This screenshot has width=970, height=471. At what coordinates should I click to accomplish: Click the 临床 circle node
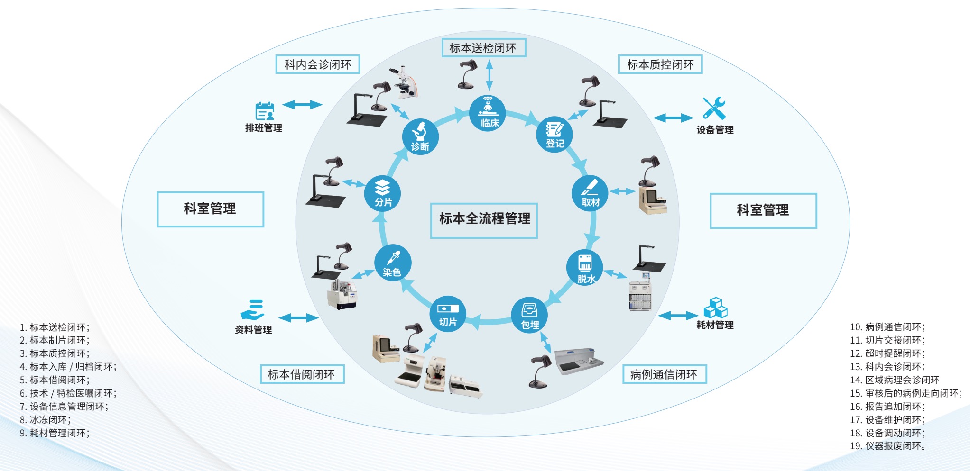(487, 113)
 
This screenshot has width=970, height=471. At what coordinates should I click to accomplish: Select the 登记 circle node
(554, 135)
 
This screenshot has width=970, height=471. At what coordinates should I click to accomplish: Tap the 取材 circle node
(590, 193)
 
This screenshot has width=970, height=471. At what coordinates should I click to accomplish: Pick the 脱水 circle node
(585, 267)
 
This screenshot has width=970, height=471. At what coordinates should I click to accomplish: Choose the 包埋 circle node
(529, 315)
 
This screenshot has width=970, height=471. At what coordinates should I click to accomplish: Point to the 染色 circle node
(392, 263)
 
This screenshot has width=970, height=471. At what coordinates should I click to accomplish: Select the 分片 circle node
(382, 193)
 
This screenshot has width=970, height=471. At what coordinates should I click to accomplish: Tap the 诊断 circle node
(420, 136)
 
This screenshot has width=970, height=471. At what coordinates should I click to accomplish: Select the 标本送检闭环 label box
(483, 48)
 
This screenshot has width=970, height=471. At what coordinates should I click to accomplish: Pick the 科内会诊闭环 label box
(318, 64)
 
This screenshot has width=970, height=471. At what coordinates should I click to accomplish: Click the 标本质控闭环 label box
(660, 64)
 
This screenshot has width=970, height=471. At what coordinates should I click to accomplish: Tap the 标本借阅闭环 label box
(302, 374)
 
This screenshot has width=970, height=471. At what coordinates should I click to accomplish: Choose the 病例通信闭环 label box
(664, 374)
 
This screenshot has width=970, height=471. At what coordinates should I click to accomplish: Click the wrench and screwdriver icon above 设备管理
(714, 109)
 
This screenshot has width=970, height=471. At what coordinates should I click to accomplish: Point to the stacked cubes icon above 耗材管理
(715, 308)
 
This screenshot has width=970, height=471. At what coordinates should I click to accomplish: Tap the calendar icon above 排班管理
(265, 111)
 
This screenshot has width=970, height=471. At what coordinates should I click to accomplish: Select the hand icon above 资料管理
(253, 310)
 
